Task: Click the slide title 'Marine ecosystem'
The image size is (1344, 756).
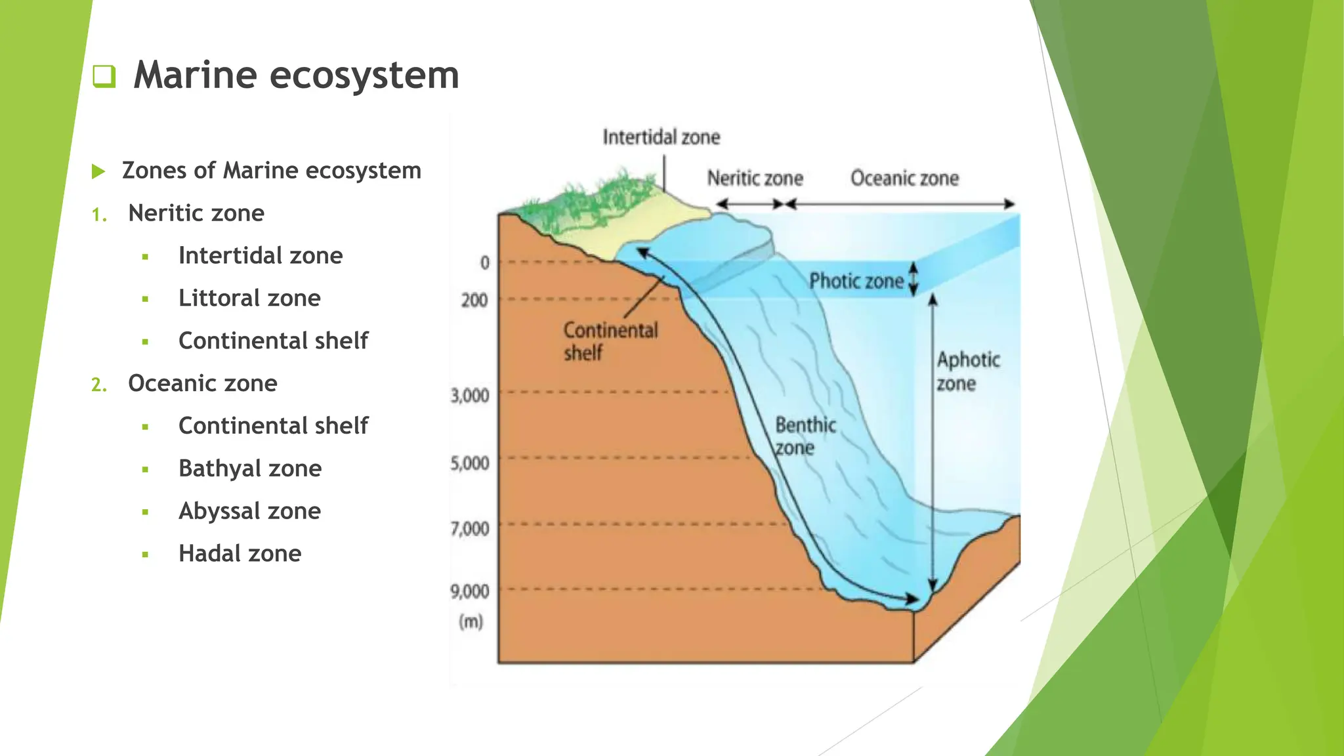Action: (x=296, y=75)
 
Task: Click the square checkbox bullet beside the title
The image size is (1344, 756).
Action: (x=104, y=76)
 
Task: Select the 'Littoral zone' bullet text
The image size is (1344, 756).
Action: (x=249, y=298)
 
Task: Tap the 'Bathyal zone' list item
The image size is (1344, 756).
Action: (x=250, y=469)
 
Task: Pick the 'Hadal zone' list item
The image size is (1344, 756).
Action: (x=240, y=553)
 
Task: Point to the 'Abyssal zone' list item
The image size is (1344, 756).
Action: (x=249, y=511)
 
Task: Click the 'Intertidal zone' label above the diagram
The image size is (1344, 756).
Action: (x=661, y=137)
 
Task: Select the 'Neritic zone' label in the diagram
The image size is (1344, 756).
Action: (x=755, y=178)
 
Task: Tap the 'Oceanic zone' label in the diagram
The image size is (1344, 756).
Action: (x=904, y=178)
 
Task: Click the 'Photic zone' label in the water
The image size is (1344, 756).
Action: (x=856, y=282)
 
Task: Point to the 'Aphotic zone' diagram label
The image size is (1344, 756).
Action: (x=967, y=371)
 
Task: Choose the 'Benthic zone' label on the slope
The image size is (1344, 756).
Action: (x=805, y=436)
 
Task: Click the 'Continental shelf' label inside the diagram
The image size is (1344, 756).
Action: (x=610, y=341)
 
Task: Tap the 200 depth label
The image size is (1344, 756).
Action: (x=474, y=301)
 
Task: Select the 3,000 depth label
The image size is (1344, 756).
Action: (x=470, y=396)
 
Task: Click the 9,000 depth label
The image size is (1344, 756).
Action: (x=470, y=591)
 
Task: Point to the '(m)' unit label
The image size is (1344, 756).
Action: (x=471, y=621)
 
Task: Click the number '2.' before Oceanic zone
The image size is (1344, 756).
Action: (x=99, y=385)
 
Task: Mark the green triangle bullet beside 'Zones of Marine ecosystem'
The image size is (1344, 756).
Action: (x=98, y=172)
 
